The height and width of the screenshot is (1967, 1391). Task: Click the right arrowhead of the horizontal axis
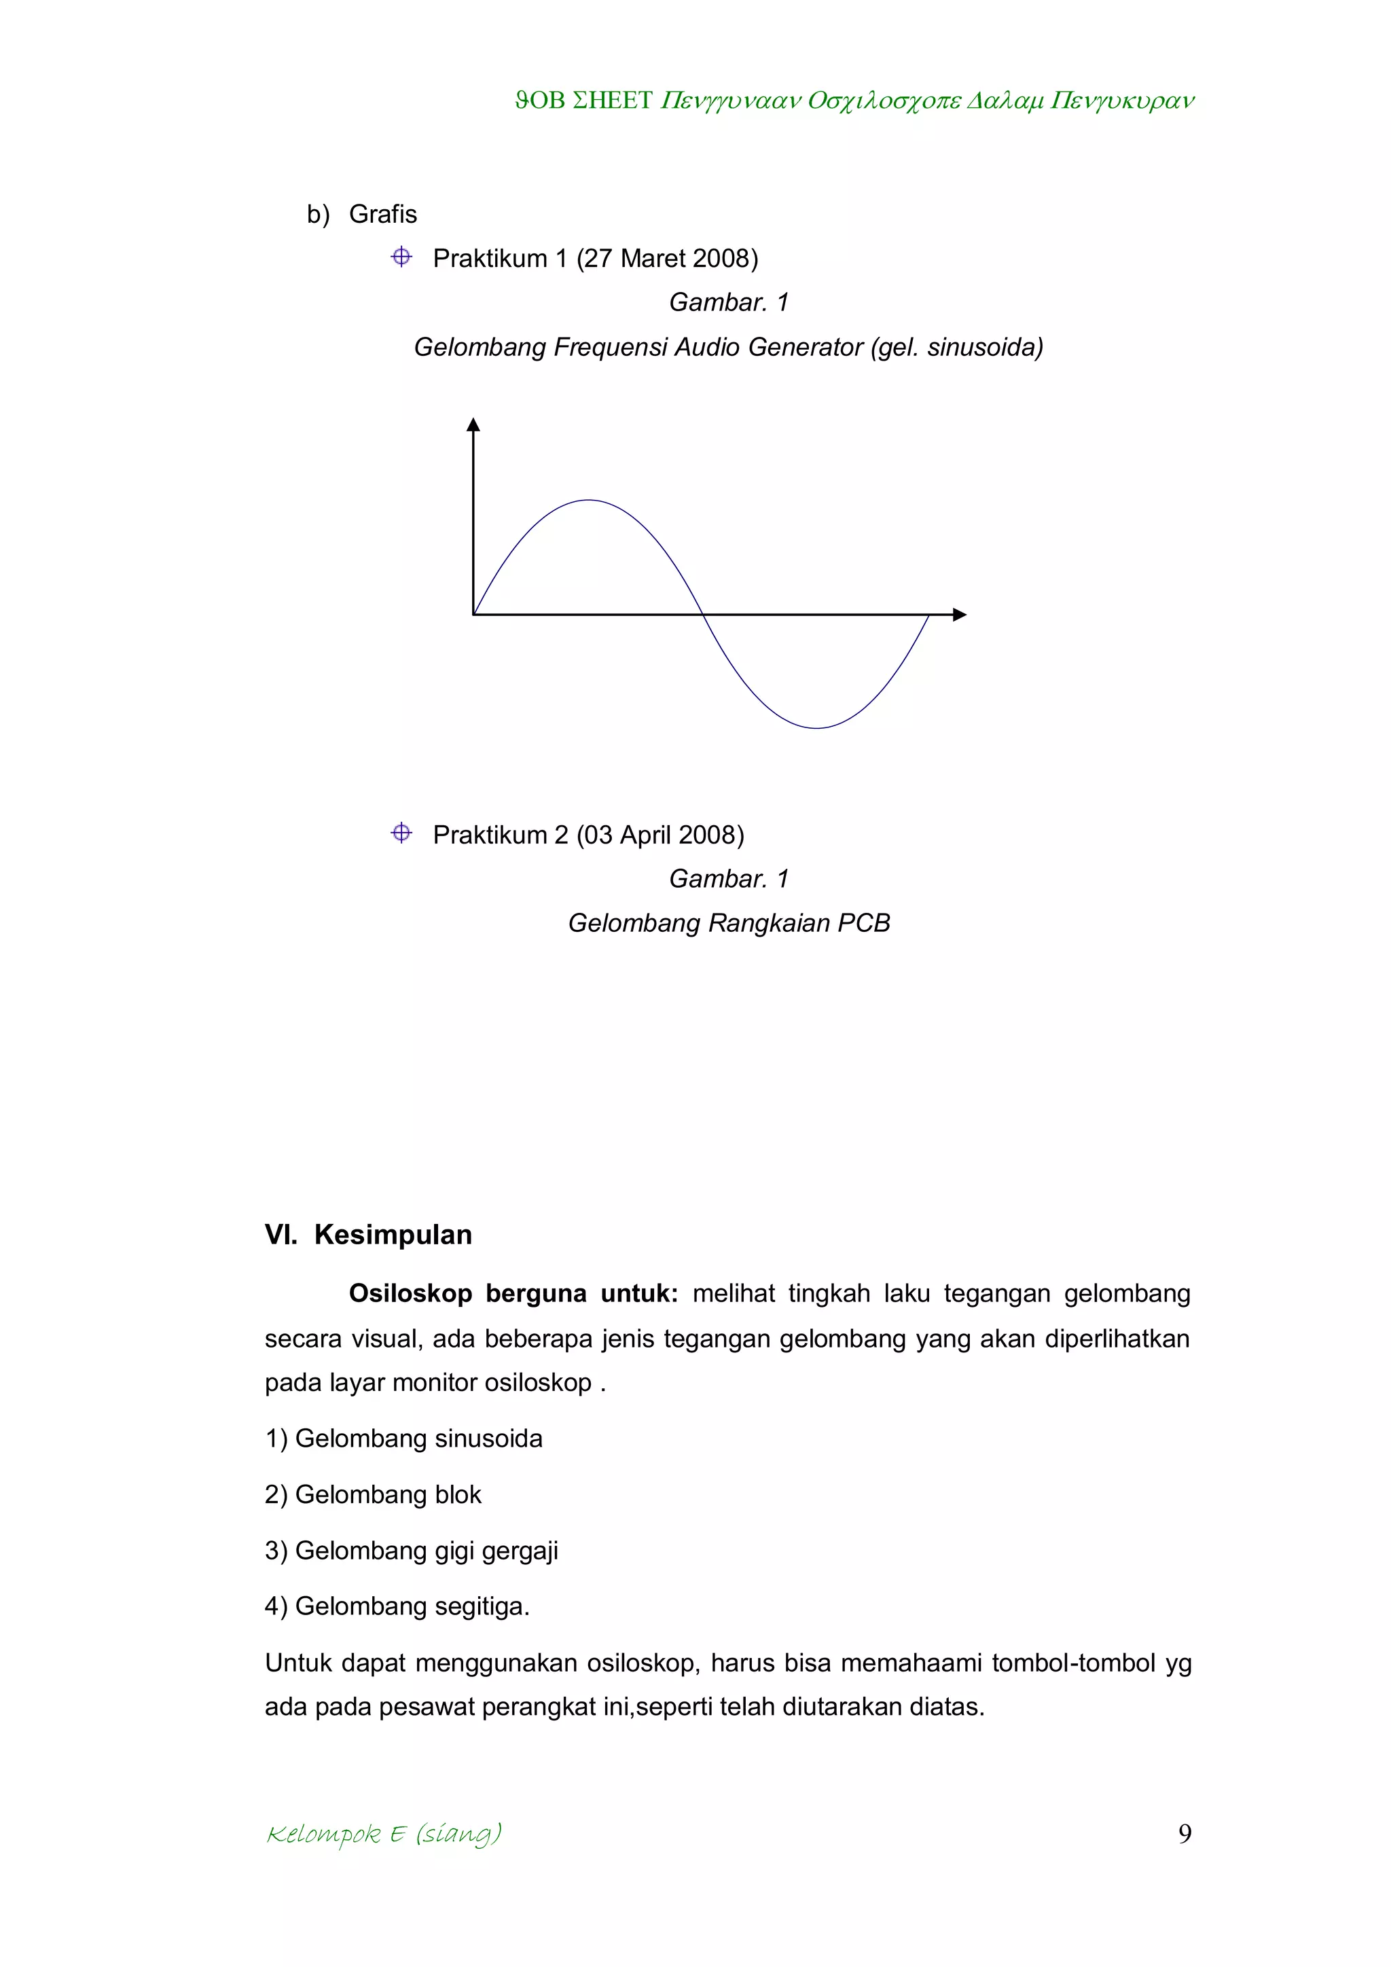[x=959, y=614]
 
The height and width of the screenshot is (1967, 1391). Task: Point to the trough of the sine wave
[x=817, y=727]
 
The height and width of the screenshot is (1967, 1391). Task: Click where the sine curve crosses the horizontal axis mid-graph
[x=702, y=614]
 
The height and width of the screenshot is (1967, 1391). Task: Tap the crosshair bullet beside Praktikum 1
[x=401, y=257]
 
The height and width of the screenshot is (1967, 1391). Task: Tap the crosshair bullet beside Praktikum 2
[x=401, y=833]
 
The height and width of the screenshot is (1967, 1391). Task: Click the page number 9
[x=1185, y=1833]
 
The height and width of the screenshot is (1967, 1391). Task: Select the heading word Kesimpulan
[x=393, y=1235]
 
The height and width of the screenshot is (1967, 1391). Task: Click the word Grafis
[x=383, y=214]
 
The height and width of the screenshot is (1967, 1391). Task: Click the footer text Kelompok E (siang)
[x=384, y=1834]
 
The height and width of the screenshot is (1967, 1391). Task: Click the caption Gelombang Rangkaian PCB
[x=729, y=922]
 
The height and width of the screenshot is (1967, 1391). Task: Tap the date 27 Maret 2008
[x=667, y=258]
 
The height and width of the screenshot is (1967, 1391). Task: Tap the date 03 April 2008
[x=660, y=835]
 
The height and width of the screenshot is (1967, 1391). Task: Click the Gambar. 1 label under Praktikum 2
[x=729, y=878]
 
